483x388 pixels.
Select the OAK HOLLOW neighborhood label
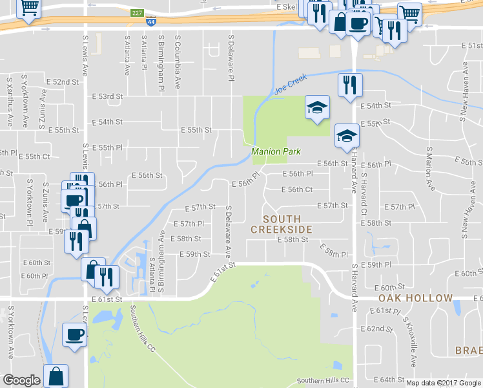pyautogui.click(x=415, y=298)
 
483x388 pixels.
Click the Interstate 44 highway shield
pyautogui.click(x=150, y=22)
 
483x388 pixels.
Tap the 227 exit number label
pyautogui.click(x=136, y=12)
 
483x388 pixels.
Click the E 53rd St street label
pyautogui.click(x=107, y=96)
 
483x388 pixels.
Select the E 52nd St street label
pyautogui.click(x=63, y=82)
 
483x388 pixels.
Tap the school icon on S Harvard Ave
pyautogui.click(x=347, y=136)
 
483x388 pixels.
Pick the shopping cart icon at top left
pyautogui.click(x=28, y=9)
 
